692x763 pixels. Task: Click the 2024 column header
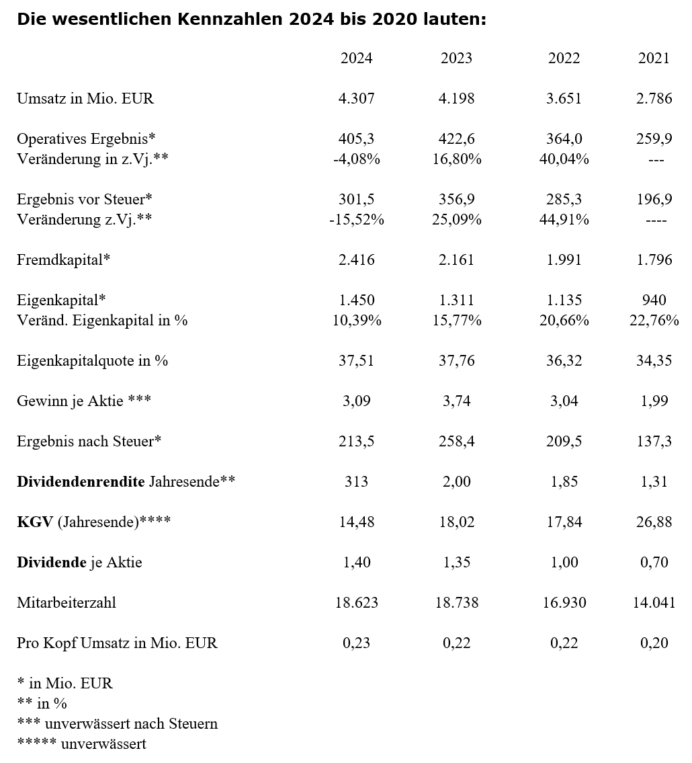356,58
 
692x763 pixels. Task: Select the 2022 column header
564,58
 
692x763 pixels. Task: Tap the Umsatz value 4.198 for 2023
456,99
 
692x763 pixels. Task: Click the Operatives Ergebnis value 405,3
356,139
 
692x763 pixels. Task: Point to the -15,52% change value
356,220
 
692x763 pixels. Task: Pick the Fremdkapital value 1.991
564,260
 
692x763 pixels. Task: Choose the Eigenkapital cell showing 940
654,300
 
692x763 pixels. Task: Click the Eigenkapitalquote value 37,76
456,361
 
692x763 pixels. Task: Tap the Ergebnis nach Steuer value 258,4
456,442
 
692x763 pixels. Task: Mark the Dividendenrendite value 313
356,482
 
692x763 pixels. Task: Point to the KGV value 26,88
654,522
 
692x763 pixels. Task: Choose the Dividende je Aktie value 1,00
564,563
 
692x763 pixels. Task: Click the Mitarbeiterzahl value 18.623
356,603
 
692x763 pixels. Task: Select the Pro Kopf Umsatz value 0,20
654,643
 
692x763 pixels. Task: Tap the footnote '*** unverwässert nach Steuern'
117,724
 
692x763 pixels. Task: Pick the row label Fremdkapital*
63,260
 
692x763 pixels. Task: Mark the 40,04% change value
564,159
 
